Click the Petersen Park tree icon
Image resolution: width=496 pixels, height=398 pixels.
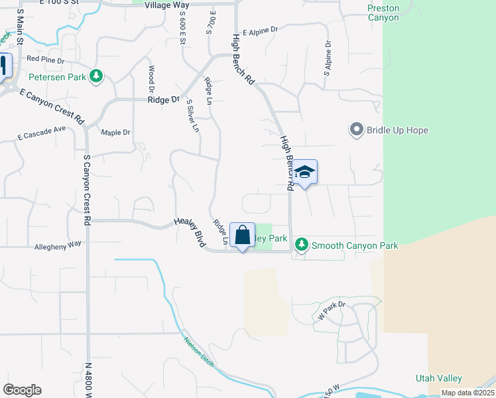pos(97,77)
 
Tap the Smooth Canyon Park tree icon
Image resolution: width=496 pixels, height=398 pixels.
pos(302,245)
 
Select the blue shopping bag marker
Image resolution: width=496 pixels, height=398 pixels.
pos(242,235)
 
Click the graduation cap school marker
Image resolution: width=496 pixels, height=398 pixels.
pos(304,172)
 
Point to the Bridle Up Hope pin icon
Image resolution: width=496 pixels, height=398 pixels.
pos(357,129)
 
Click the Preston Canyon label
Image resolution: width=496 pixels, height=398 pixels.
pos(383,13)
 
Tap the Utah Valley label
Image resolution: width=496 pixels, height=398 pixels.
pos(438,378)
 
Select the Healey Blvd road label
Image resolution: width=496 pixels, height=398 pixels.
pos(189,233)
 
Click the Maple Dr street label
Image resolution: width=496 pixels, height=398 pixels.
pos(116,133)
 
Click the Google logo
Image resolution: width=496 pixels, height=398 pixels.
pos(22,390)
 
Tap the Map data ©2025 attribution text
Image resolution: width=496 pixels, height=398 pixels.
pos(467,393)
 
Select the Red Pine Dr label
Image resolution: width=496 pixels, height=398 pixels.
pos(45,60)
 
